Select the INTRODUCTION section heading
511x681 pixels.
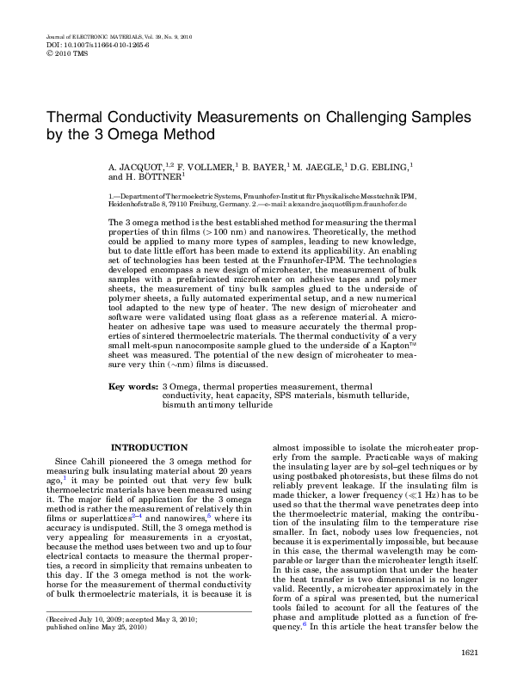point(151,447)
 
